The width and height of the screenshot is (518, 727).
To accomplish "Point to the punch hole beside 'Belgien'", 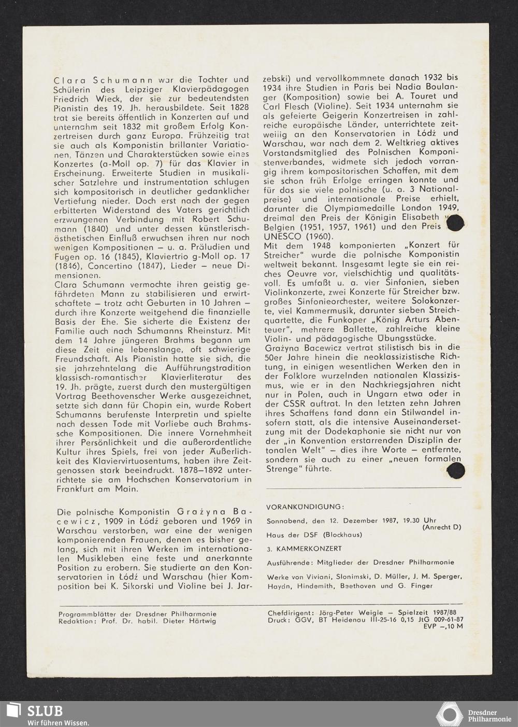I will pyautogui.click(x=455, y=224).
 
